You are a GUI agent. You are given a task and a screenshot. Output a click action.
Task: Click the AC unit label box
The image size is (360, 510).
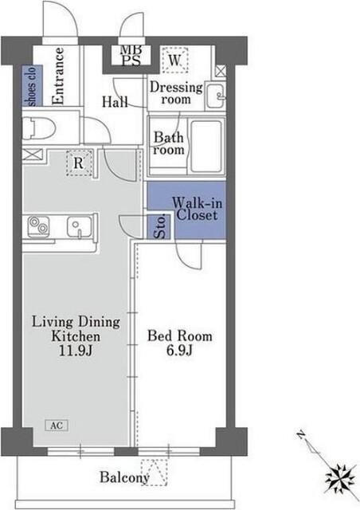(57, 426)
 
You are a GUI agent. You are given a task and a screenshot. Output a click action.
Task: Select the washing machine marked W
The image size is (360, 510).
(175, 61)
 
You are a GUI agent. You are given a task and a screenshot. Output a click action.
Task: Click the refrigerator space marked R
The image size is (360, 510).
(78, 163)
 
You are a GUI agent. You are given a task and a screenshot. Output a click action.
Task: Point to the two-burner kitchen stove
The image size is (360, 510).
(38, 226)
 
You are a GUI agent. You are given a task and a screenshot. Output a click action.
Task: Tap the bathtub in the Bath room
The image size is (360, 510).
(206, 146)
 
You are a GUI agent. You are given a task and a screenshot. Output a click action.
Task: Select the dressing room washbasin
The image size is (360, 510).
(216, 96)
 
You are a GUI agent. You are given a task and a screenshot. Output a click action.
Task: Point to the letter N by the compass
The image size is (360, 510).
(301, 434)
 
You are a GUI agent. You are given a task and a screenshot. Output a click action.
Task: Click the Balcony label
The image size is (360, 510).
(124, 477)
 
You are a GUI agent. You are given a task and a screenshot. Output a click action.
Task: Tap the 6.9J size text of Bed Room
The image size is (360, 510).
(179, 351)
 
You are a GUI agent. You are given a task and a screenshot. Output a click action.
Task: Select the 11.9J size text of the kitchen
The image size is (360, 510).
(76, 351)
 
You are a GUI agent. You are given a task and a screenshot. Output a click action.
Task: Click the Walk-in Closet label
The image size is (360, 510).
(197, 210)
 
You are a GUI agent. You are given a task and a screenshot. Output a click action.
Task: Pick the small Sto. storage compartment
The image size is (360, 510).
(159, 226)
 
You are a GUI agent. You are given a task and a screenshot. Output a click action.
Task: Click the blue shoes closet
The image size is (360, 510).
(32, 85)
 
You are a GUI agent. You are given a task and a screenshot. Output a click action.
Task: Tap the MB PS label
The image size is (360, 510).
(131, 56)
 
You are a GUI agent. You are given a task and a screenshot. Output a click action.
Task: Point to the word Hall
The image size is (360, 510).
(115, 102)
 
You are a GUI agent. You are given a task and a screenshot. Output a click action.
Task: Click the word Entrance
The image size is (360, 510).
(58, 76)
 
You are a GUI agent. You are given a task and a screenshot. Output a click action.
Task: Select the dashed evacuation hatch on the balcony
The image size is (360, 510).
(155, 473)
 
